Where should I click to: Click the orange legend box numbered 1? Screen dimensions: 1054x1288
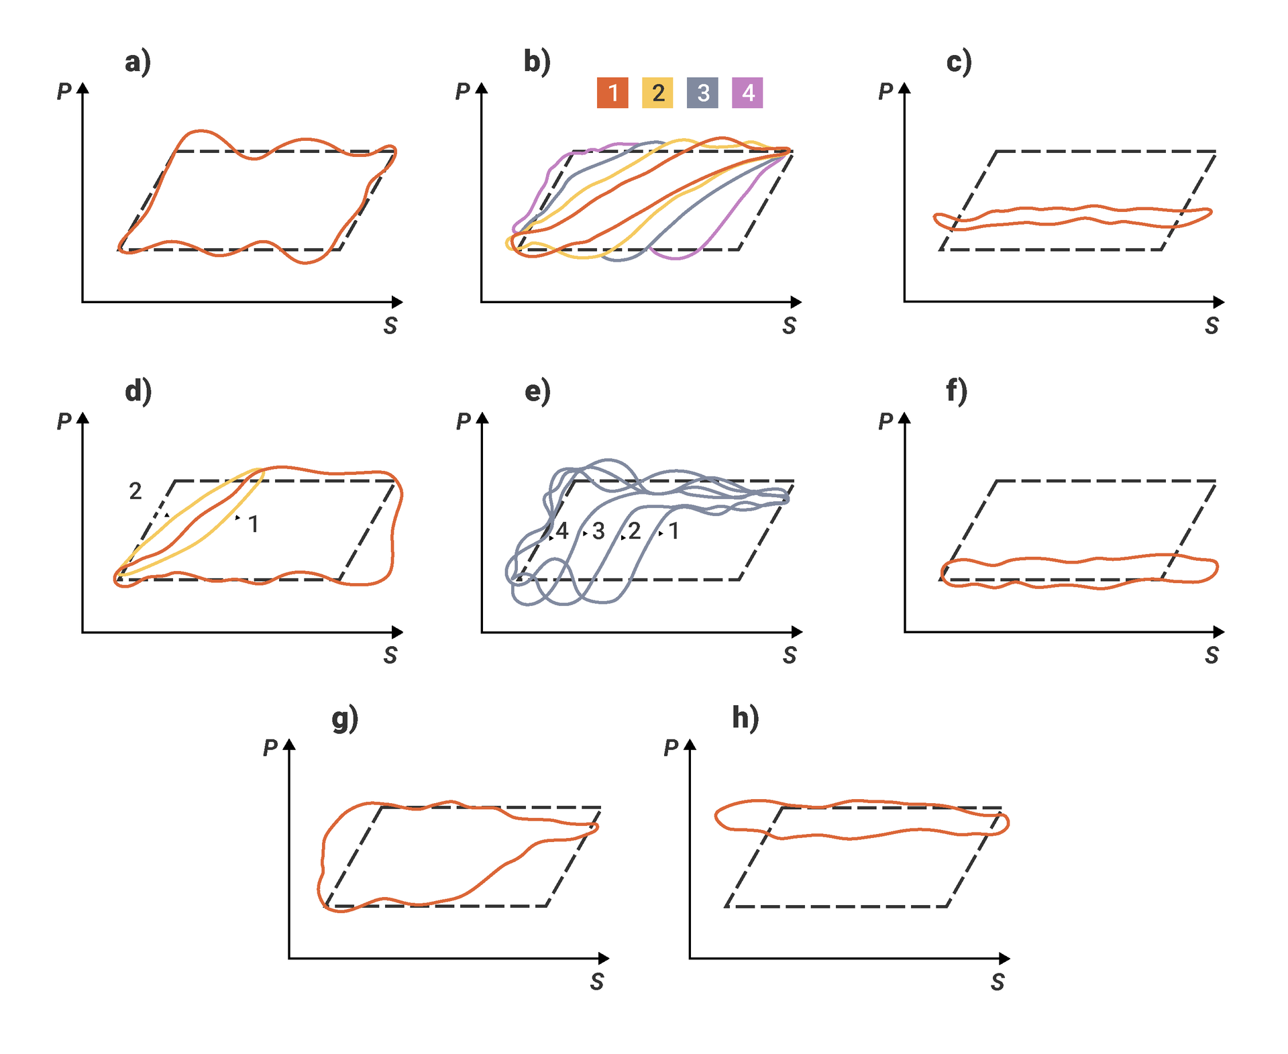tap(612, 93)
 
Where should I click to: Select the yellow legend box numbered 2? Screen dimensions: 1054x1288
tap(657, 93)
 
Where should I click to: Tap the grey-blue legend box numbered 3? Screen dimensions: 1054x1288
tap(702, 93)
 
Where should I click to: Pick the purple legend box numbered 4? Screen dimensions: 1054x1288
tap(747, 93)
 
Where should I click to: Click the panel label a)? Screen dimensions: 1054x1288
tap(138, 62)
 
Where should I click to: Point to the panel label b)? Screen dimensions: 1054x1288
tap(537, 62)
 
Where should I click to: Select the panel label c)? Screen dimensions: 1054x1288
tap(959, 62)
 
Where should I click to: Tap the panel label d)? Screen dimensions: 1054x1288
tap(138, 391)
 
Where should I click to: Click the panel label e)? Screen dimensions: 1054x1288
tap(537, 391)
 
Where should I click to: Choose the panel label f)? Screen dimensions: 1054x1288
tap(957, 391)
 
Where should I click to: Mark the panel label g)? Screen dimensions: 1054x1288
tap(345, 719)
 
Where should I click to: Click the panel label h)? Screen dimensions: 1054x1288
tap(745, 718)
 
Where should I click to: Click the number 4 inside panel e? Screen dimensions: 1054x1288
tap(562, 531)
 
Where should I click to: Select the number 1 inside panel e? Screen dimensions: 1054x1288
tap(674, 531)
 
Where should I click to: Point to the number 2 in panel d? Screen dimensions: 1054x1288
tap(136, 492)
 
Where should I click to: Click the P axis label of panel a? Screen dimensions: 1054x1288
tap(64, 91)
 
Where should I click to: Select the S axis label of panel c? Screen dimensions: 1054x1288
tap(1212, 326)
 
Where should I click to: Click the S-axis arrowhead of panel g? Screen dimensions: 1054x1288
tap(604, 958)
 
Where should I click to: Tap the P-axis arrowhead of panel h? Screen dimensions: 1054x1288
tap(690, 744)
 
